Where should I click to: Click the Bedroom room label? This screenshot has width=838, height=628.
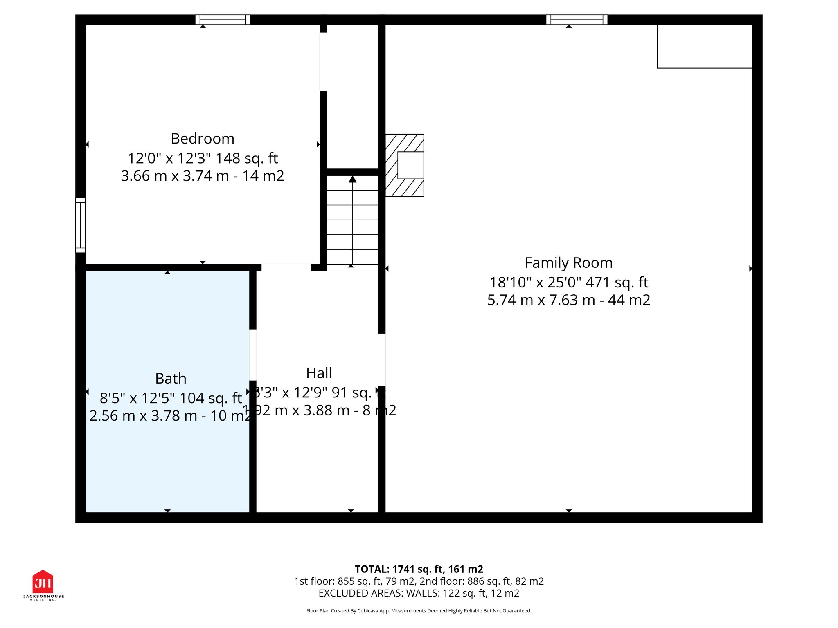(203, 139)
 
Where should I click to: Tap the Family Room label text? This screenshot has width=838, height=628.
(568, 262)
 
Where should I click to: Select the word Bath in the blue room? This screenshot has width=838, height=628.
(171, 378)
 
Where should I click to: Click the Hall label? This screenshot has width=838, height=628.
(319, 373)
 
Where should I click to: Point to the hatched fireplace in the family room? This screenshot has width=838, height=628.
(405, 165)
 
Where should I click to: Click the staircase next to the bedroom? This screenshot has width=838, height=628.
(352, 221)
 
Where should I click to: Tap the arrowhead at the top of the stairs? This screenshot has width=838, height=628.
(352, 179)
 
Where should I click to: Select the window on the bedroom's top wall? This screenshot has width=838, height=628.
(223, 20)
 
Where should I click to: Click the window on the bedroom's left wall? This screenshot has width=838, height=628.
(81, 225)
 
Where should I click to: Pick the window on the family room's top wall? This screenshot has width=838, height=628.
(577, 20)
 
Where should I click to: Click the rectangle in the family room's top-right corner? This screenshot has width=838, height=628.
(704, 46)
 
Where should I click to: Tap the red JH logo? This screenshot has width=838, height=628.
(43, 582)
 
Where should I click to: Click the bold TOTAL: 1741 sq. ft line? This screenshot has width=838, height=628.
(419, 569)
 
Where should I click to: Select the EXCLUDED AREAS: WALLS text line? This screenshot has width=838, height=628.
(419, 593)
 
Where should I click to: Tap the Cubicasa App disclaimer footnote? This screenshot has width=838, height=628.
(419, 611)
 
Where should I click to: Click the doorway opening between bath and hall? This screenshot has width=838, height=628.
(253, 355)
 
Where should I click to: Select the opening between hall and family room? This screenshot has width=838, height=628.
(382, 360)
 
